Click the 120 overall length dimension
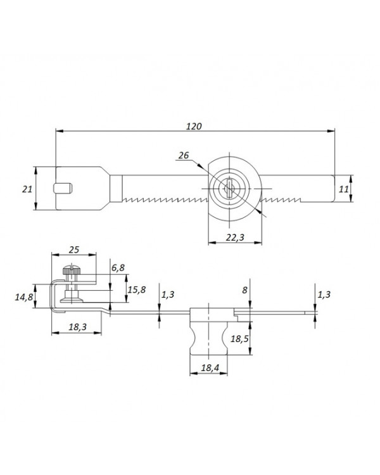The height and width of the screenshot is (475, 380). click(194, 126)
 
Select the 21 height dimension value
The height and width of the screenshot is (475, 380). click(27, 189)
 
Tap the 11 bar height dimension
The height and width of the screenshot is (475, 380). click(344, 189)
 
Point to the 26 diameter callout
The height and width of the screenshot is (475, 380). click(184, 155)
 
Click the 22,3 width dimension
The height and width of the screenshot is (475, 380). click(235, 237)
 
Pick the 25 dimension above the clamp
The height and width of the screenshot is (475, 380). click(73, 250)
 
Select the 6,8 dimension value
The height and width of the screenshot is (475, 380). click(118, 268)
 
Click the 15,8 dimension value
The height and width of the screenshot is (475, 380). click(136, 290)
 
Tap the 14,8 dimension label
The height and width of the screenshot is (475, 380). click(24, 297)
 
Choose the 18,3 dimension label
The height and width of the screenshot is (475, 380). click(77, 327)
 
